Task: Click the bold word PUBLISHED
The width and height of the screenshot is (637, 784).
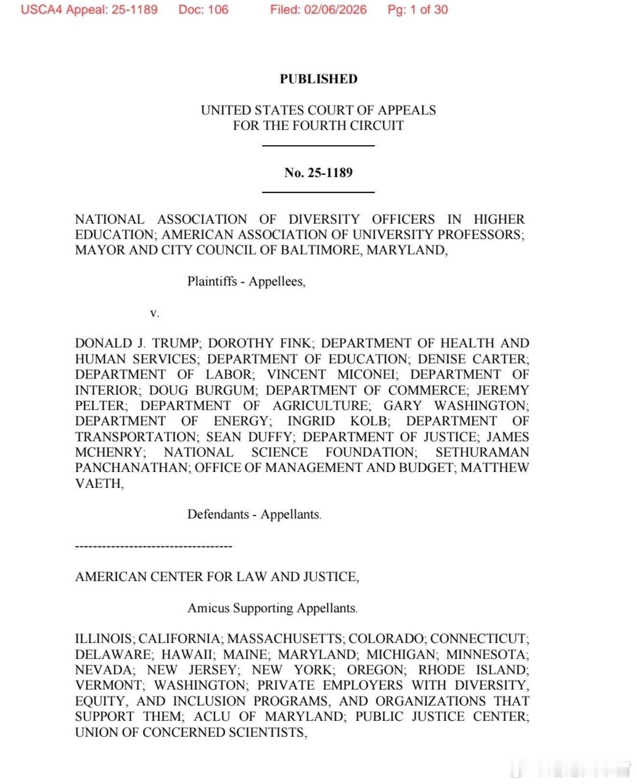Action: [318, 79]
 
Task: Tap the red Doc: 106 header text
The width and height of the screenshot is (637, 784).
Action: [203, 10]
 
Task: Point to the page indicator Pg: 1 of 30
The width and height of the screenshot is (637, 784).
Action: [417, 10]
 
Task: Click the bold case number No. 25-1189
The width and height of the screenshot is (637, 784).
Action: [318, 173]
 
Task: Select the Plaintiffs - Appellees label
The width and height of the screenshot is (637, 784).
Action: [246, 282]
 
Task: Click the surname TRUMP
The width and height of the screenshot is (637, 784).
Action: [176, 343]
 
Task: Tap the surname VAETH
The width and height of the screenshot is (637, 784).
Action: [99, 484]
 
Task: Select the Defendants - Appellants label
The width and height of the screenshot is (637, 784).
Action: [254, 514]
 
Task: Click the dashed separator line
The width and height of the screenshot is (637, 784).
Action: [153, 546]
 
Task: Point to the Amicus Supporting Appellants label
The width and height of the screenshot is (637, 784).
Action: [273, 608]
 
